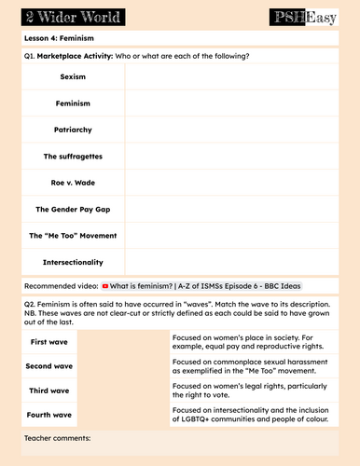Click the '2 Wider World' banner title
64,16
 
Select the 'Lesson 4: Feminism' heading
59,38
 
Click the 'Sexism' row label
73,75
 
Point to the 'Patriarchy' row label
73,130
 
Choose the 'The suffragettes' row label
73,156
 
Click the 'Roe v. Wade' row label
73,183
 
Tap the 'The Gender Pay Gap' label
73,209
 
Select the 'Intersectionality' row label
73,262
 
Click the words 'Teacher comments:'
58,437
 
